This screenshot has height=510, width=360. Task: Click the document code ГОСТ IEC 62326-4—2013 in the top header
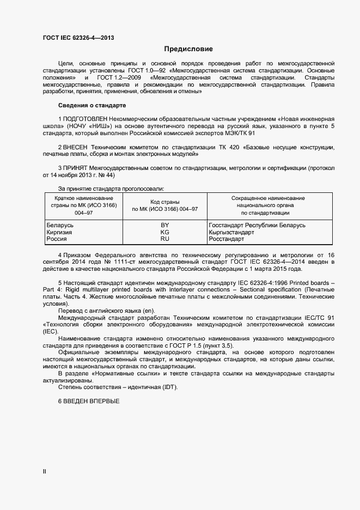pyautogui.click(x=78, y=38)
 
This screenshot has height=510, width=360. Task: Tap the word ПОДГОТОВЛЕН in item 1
pyautogui.click(x=85, y=118)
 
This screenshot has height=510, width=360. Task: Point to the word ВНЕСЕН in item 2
pyautogui.click(x=76, y=148)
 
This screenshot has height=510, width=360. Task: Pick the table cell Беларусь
pyautogui.click(x=60, y=225)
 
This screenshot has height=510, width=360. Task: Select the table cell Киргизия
pyautogui.click(x=60, y=232)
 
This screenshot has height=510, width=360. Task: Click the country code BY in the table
pyautogui.click(x=164, y=225)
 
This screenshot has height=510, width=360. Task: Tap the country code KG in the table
pyautogui.click(x=164, y=232)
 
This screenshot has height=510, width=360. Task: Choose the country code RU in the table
pyautogui.click(x=164, y=239)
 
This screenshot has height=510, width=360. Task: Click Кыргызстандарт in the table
pyautogui.click(x=231, y=232)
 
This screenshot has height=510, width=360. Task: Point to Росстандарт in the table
pyautogui.click(x=227, y=239)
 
